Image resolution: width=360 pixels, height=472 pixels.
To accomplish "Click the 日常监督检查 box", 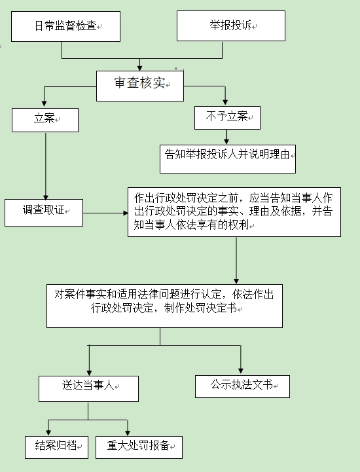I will (x=66, y=26).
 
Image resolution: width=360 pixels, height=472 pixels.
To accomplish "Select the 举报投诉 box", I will (x=231, y=26).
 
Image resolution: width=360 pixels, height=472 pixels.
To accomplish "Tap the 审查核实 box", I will (x=140, y=84).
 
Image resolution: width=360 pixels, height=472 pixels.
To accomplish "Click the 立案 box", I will (x=45, y=120).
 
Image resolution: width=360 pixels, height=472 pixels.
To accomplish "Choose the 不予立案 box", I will (x=227, y=117).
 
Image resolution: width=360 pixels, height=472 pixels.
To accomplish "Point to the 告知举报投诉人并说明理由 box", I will (x=228, y=155).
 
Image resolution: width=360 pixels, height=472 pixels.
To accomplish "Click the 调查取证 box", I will (x=44, y=211).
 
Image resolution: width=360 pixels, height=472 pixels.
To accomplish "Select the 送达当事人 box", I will (x=88, y=388).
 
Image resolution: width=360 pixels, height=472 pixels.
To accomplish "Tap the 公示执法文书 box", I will (x=242, y=386).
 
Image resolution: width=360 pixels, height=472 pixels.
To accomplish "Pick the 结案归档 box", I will (x=56, y=446).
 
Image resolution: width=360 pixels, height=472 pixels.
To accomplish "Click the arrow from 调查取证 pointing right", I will (x=105, y=212).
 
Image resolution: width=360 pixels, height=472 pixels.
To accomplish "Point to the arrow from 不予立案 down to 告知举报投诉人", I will (x=227, y=136).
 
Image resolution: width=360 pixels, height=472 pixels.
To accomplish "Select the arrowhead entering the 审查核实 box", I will (x=140, y=68).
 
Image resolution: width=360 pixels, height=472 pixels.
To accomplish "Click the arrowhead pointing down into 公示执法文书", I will (x=242, y=371).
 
